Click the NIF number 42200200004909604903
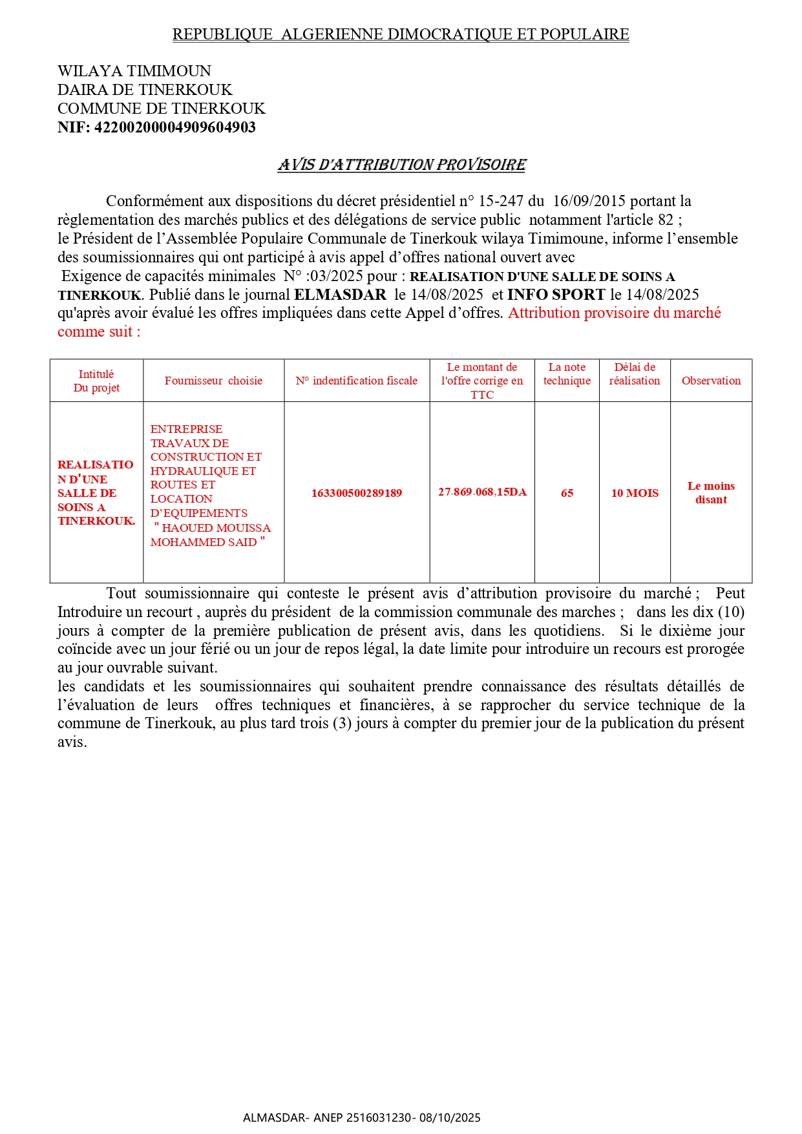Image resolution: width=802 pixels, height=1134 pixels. point(174,127)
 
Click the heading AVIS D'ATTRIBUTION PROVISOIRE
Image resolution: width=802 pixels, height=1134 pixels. point(402,165)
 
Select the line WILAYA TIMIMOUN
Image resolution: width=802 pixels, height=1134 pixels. point(134,71)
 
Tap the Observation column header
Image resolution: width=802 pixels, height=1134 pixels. point(711,381)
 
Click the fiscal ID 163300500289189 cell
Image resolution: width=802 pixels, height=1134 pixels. point(357,493)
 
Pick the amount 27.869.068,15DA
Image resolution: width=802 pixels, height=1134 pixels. point(482,492)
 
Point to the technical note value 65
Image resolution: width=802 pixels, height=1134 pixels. point(567,493)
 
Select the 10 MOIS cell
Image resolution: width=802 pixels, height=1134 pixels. point(635,493)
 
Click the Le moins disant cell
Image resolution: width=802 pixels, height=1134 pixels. point(711,492)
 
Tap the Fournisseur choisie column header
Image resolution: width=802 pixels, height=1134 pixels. point(213,381)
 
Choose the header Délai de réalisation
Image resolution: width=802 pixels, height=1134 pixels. point(635,374)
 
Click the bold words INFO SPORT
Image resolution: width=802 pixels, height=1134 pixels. point(556,295)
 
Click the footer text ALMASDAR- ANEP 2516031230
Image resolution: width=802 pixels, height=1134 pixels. point(329,1118)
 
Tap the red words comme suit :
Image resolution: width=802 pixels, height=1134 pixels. point(99,332)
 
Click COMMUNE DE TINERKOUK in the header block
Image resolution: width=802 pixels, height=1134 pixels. point(162,109)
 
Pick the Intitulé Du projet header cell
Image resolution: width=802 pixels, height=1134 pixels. point(96,381)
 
